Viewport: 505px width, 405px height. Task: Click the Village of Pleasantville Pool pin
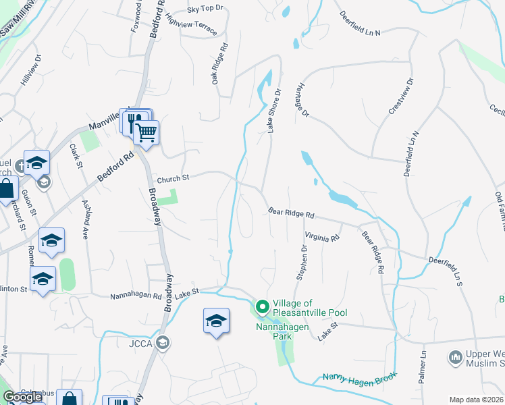click(x=262, y=308)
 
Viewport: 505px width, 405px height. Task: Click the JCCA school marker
click(x=162, y=344)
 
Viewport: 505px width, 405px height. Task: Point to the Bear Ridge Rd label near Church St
click(x=292, y=213)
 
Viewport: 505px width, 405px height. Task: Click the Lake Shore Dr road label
click(x=275, y=111)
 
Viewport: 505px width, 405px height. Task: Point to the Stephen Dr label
click(x=302, y=262)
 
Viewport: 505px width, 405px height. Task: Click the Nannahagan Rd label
click(x=136, y=296)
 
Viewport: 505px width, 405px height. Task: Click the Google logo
click(x=23, y=397)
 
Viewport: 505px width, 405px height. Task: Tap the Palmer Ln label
click(x=423, y=367)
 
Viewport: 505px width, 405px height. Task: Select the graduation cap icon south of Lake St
click(x=217, y=321)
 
